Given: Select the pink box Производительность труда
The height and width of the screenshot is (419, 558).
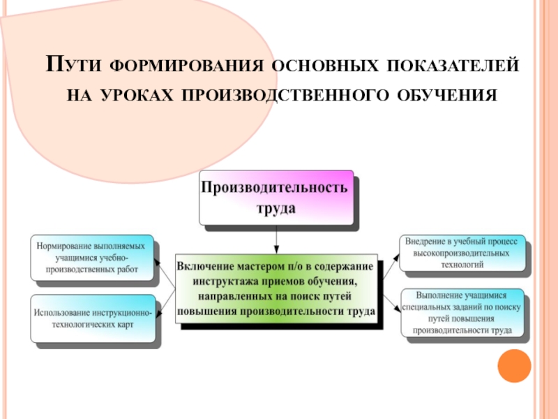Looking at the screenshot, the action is (x=277, y=198).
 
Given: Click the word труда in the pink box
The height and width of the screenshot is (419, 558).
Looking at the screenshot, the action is (x=277, y=208).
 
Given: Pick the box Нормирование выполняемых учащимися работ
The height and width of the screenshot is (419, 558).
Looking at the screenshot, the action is (x=92, y=257).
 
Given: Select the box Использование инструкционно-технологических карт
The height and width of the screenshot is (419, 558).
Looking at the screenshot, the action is (x=92, y=318).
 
